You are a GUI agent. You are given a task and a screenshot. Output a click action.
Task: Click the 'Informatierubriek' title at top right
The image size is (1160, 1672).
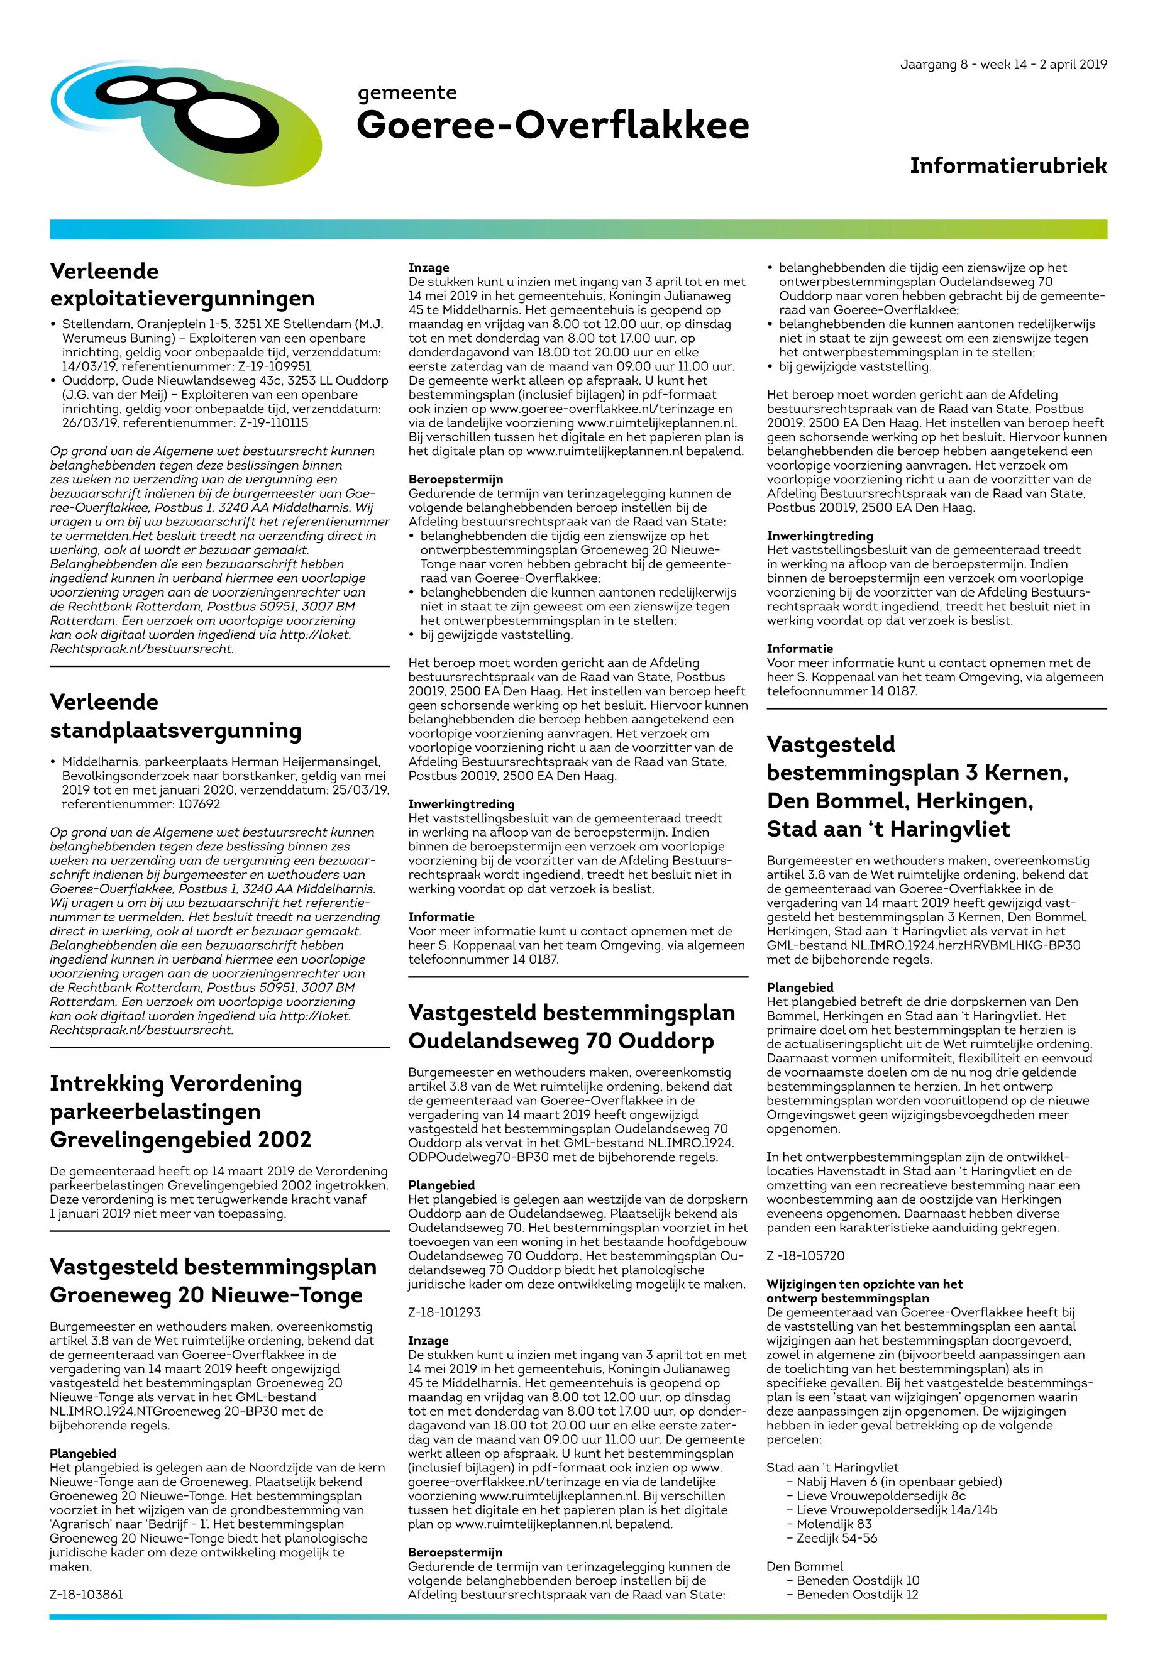click(x=1007, y=166)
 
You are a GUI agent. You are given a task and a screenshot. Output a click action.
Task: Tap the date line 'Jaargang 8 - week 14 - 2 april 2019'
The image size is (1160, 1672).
click(x=1003, y=64)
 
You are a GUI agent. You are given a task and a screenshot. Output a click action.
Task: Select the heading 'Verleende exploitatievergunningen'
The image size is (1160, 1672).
click(x=182, y=285)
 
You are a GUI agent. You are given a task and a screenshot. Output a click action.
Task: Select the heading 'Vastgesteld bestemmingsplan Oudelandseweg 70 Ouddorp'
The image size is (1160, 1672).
click(x=572, y=1026)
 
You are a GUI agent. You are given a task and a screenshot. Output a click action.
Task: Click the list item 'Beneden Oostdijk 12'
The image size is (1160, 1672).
click(x=857, y=1595)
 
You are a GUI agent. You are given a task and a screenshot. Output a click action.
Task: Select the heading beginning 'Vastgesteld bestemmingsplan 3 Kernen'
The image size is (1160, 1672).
click(x=917, y=786)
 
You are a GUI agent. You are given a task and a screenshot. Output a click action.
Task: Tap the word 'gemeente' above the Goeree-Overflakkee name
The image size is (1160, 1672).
click(x=407, y=92)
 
